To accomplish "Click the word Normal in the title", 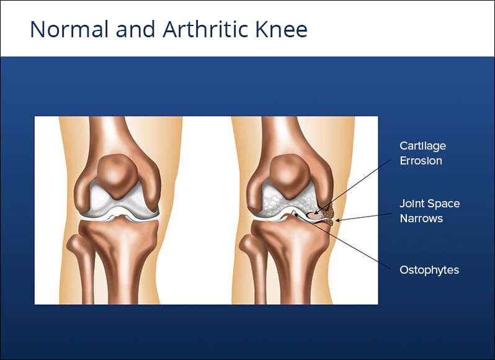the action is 69,29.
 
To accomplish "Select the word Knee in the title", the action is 282,29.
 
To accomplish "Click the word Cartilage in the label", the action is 422,146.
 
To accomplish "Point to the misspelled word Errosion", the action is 421,161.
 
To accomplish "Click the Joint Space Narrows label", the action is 430,211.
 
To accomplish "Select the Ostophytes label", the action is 429,270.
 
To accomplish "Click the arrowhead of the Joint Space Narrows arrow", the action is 337,220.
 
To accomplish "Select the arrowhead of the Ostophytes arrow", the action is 296,214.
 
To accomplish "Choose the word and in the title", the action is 135,29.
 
